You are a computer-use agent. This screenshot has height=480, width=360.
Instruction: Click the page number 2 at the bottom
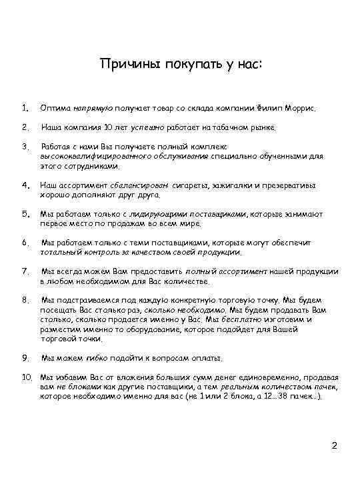pos(335,445)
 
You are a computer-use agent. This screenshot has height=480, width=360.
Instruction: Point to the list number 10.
pos(26,377)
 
